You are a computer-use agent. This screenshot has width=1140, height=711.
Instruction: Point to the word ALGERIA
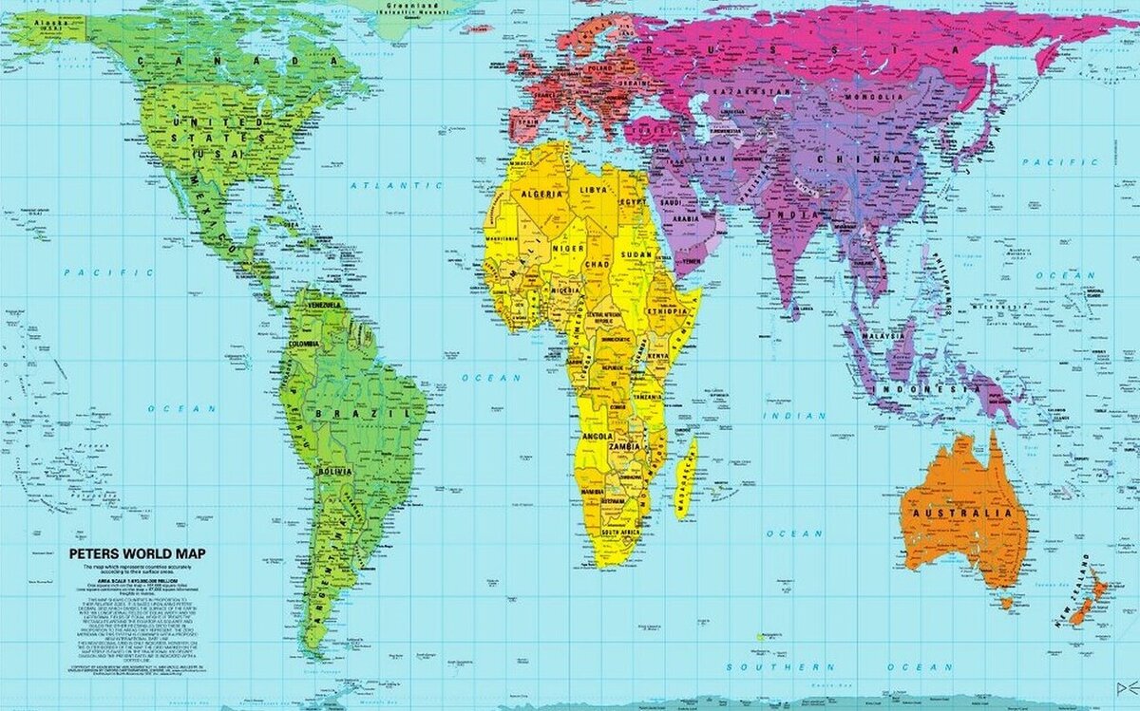pyautogui.click(x=538, y=193)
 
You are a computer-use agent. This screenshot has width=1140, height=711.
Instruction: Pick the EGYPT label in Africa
pyautogui.click(x=633, y=201)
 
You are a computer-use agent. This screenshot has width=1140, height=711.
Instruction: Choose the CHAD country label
pyautogui.click(x=597, y=263)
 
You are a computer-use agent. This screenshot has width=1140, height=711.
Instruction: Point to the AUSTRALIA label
pyautogui.click(x=961, y=514)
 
